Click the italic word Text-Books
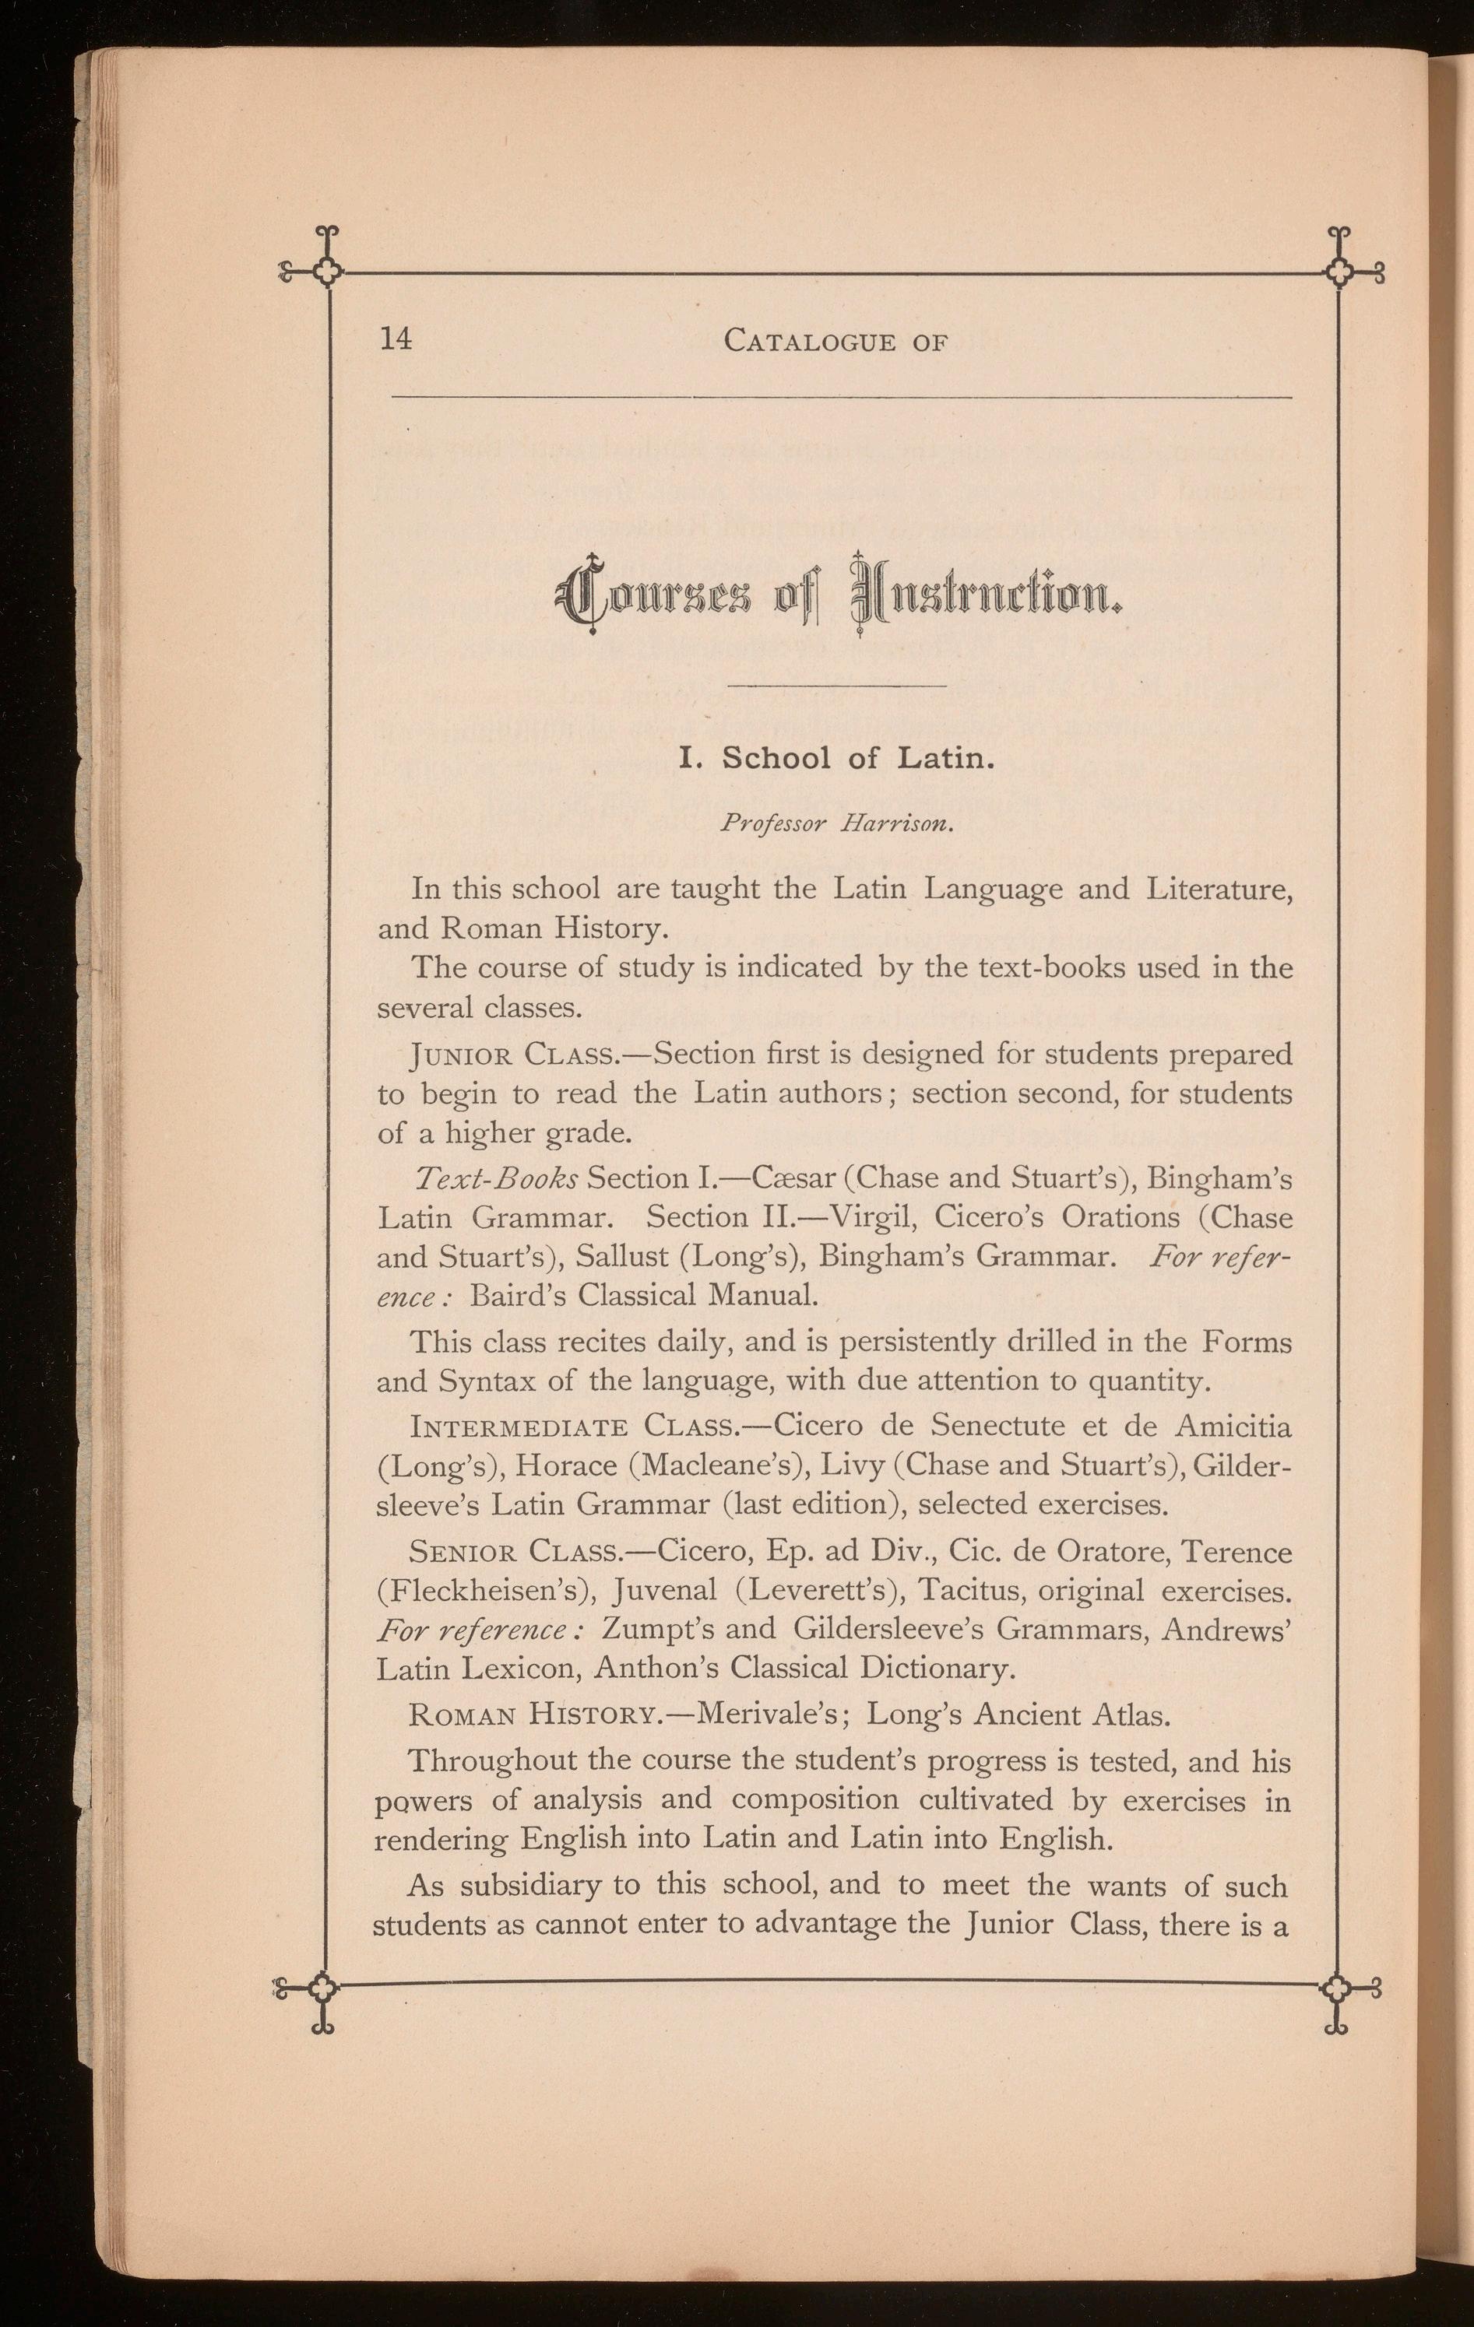496,1179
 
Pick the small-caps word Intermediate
520,1427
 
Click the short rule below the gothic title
837,686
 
